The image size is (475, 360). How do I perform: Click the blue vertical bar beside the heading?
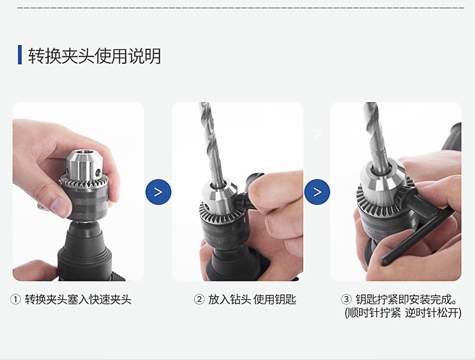[x=20, y=55]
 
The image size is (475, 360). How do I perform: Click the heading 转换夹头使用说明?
[x=94, y=56]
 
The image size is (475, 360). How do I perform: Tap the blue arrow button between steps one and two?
[x=158, y=192]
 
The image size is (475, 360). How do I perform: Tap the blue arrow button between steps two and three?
[x=317, y=192]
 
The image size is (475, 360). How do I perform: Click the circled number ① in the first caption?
[x=15, y=300]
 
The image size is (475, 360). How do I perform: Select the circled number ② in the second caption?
[x=199, y=300]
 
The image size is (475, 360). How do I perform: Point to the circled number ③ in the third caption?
[x=346, y=299]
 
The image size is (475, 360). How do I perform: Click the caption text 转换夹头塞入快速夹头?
[x=78, y=300]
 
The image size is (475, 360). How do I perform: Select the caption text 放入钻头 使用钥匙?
[x=252, y=300]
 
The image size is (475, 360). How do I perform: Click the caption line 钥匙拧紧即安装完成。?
[x=406, y=299]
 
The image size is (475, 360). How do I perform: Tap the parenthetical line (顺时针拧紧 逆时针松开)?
[x=403, y=313]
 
